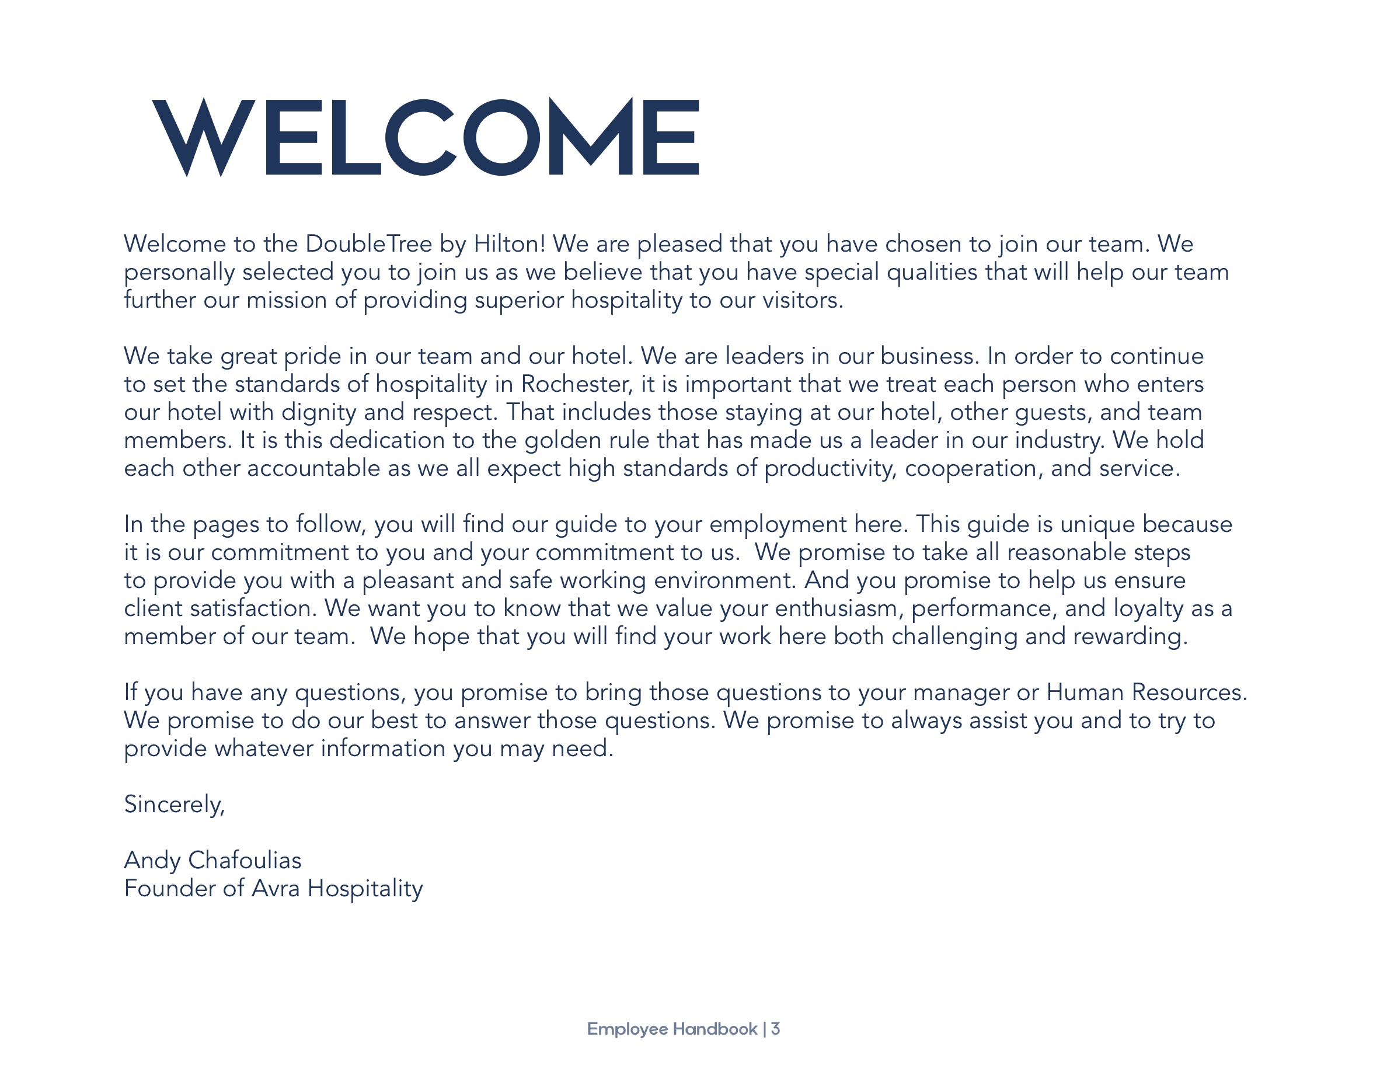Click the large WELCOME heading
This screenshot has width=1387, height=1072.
pos(426,137)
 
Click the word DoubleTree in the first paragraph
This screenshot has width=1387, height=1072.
pos(368,244)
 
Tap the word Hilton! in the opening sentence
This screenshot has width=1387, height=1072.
pos(510,244)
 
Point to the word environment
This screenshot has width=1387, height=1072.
pos(724,580)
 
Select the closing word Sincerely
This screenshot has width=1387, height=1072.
pos(174,805)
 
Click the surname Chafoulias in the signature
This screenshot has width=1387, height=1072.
pos(245,861)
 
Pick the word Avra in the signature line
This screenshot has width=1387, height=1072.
pos(276,889)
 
